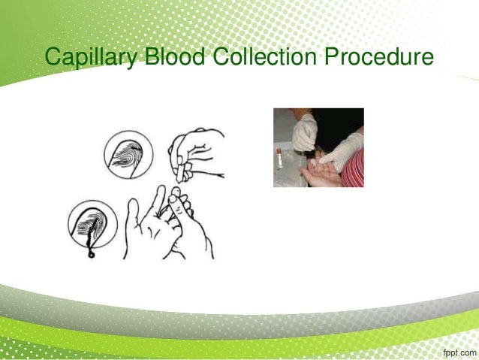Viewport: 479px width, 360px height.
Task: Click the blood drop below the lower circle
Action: (x=89, y=253)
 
